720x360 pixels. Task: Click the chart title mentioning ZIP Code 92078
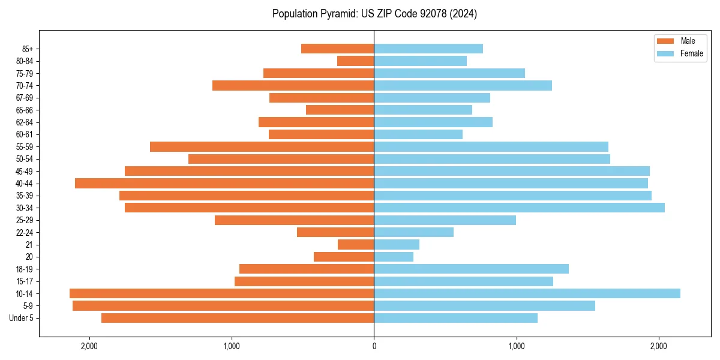pos(374,14)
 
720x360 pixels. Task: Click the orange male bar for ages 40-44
pos(224,183)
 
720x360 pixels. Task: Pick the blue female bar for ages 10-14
pos(527,293)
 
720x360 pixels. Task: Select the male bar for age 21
pos(356,244)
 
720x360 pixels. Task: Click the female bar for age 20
pos(394,257)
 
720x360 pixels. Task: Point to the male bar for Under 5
pos(238,318)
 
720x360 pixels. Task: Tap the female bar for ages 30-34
pos(519,208)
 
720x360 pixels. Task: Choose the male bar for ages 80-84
pos(356,61)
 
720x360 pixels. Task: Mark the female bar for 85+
pos(428,49)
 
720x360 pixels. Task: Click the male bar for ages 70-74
pos(293,85)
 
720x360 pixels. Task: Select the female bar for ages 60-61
pos(418,134)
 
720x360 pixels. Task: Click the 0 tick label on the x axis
pos(374,346)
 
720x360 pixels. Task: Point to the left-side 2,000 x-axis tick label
pos(89,346)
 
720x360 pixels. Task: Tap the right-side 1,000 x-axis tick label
pos(516,346)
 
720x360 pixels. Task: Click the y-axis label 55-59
pos(25,146)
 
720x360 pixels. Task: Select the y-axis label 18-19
pos(25,269)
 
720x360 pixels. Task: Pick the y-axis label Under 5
pos(22,318)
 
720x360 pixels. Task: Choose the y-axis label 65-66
pos(25,110)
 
